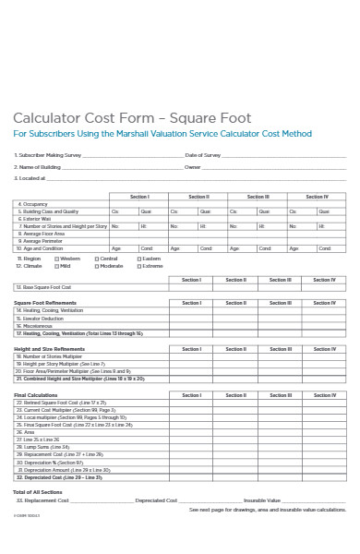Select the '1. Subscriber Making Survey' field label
[x=48, y=154]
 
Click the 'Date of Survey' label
[x=203, y=154]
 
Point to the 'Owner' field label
[x=192, y=167]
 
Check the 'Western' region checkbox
[x=56, y=259]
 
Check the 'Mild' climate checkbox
[x=56, y=266]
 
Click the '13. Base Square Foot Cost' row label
[x=45, y=286]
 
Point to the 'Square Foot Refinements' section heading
[x=45, y=303]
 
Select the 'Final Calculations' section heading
[x=33, y=395]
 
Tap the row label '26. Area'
[x=26, y=432]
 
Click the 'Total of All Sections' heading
[x=36, y=492]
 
